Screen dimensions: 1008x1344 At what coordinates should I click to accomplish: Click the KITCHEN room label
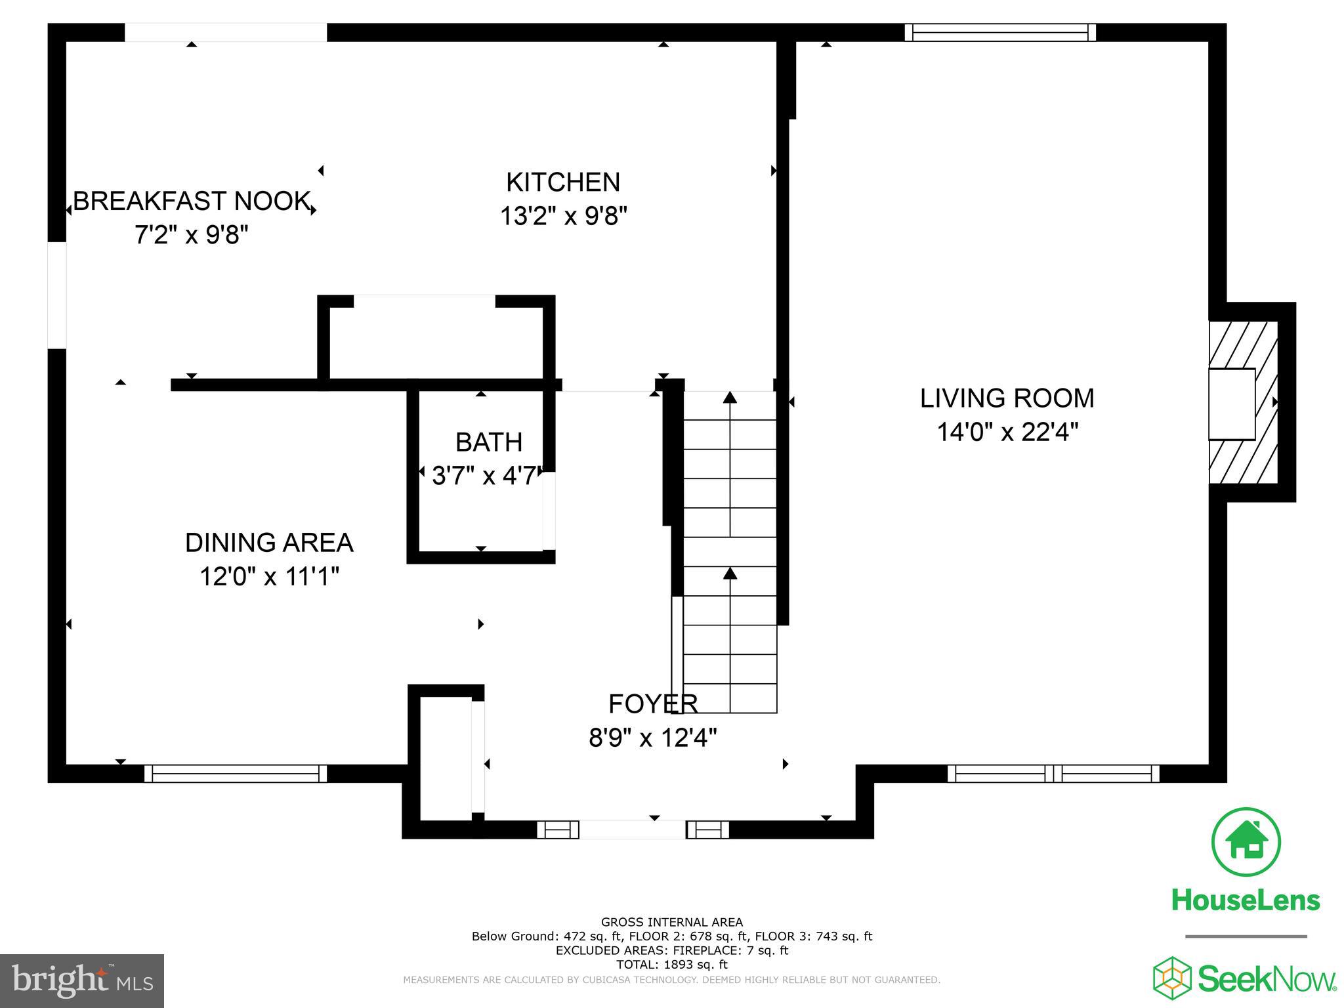[563, 182]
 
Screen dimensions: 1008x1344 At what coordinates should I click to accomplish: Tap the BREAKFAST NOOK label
[191, 201]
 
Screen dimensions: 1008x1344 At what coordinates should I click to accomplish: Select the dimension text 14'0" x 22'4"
[1007, 432]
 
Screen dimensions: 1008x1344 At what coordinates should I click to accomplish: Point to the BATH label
[489, 442]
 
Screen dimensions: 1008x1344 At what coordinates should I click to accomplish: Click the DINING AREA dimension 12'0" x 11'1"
[269, 577]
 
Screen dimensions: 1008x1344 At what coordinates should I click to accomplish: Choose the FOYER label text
[653, 703]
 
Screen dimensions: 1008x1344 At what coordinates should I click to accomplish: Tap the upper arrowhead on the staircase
[730, 397]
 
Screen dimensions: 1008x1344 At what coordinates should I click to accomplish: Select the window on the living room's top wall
[1000, 32]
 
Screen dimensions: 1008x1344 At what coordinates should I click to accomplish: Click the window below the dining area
[235, 774]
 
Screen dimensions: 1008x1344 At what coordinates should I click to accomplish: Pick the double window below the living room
[1053, 774]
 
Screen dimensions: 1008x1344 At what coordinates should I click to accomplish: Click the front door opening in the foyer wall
[633, 829]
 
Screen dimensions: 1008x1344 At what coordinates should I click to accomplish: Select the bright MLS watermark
[81, 980]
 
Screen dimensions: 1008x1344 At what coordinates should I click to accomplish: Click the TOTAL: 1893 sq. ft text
[671, 965]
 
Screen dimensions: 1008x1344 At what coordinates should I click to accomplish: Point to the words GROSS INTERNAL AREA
[671, 922]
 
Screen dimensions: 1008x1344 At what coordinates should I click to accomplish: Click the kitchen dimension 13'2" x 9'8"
[563, 216]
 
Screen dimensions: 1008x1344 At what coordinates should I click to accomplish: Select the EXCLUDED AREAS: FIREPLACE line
[671, 950]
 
